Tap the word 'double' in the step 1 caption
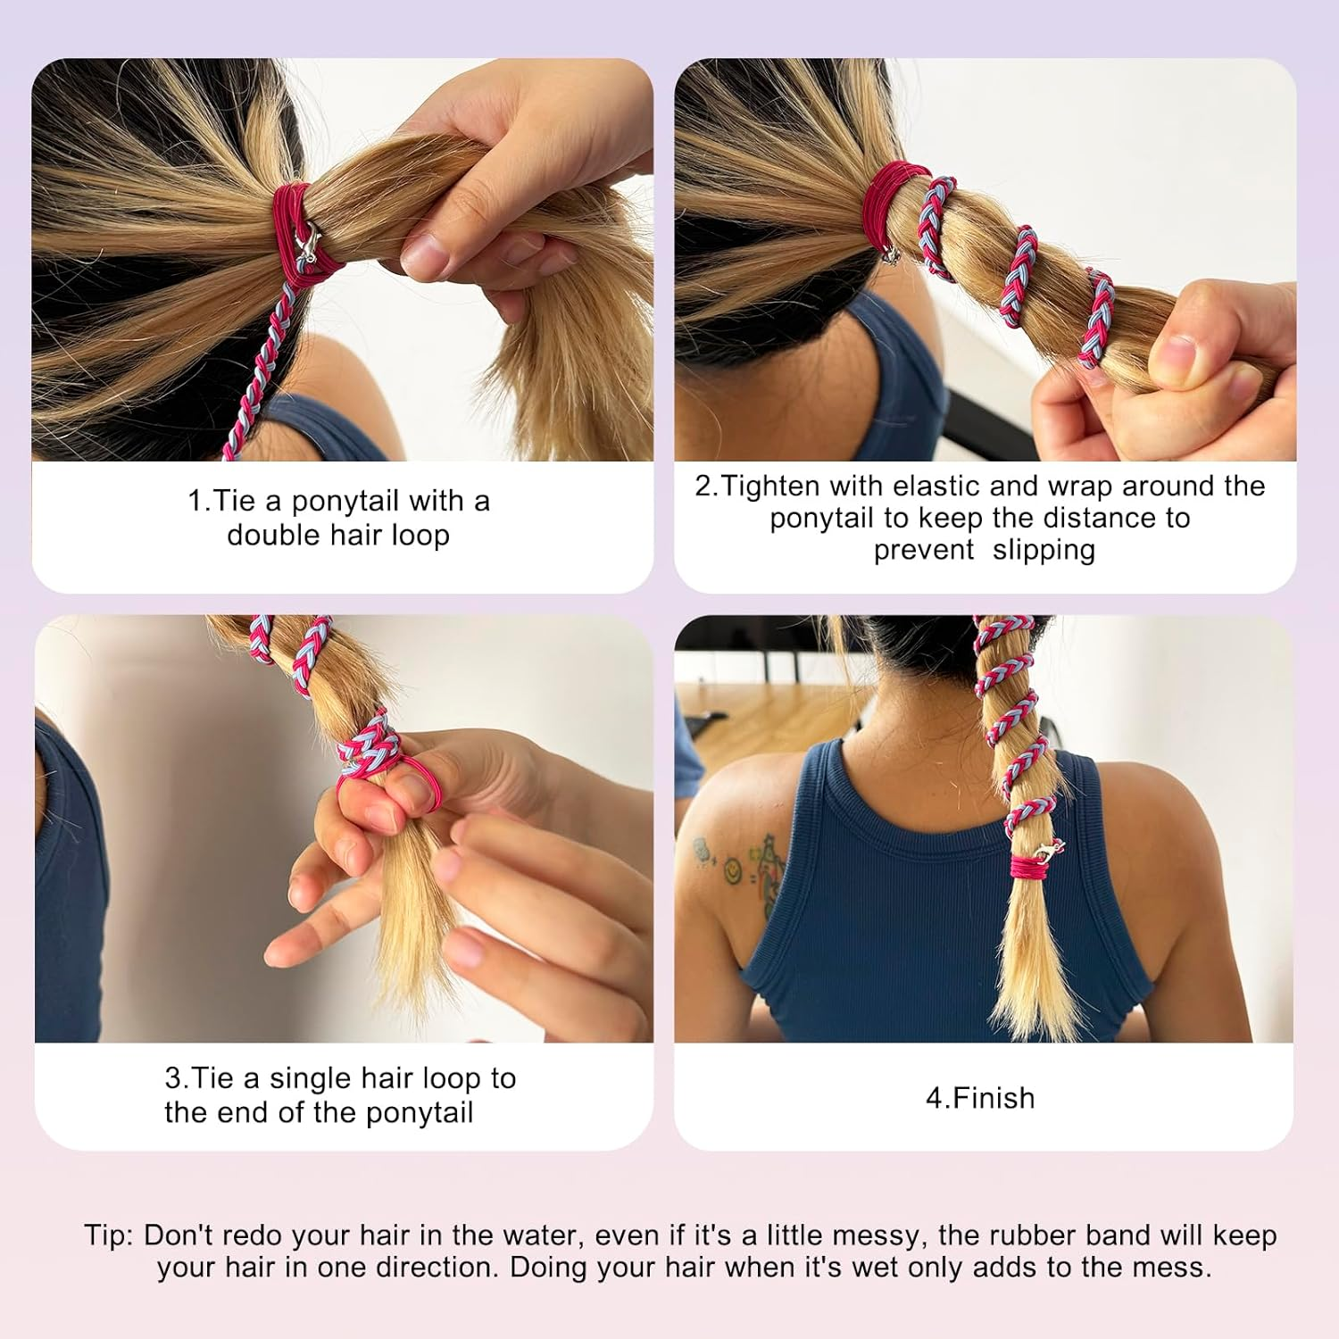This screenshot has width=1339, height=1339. pyautogui.click(x=273, y=535)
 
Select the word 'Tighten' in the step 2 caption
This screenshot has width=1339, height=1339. pyautogui.click(x=770, y=487)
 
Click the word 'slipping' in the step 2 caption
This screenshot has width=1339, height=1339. pyautogui.click(x=1044, y=550)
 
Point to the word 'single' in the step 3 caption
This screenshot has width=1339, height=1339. pyautogui.click(x=309, y=1079)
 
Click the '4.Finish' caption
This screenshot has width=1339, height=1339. pyautogui.click(x=980, y=1097)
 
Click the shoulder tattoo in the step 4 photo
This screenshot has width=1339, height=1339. pyautogui.click(x=736, y=861)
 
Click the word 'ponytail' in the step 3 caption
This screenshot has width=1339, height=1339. pyautogui.click(x=420, y=1113)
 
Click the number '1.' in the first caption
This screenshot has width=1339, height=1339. pyautogui.click(x=199, y=501)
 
